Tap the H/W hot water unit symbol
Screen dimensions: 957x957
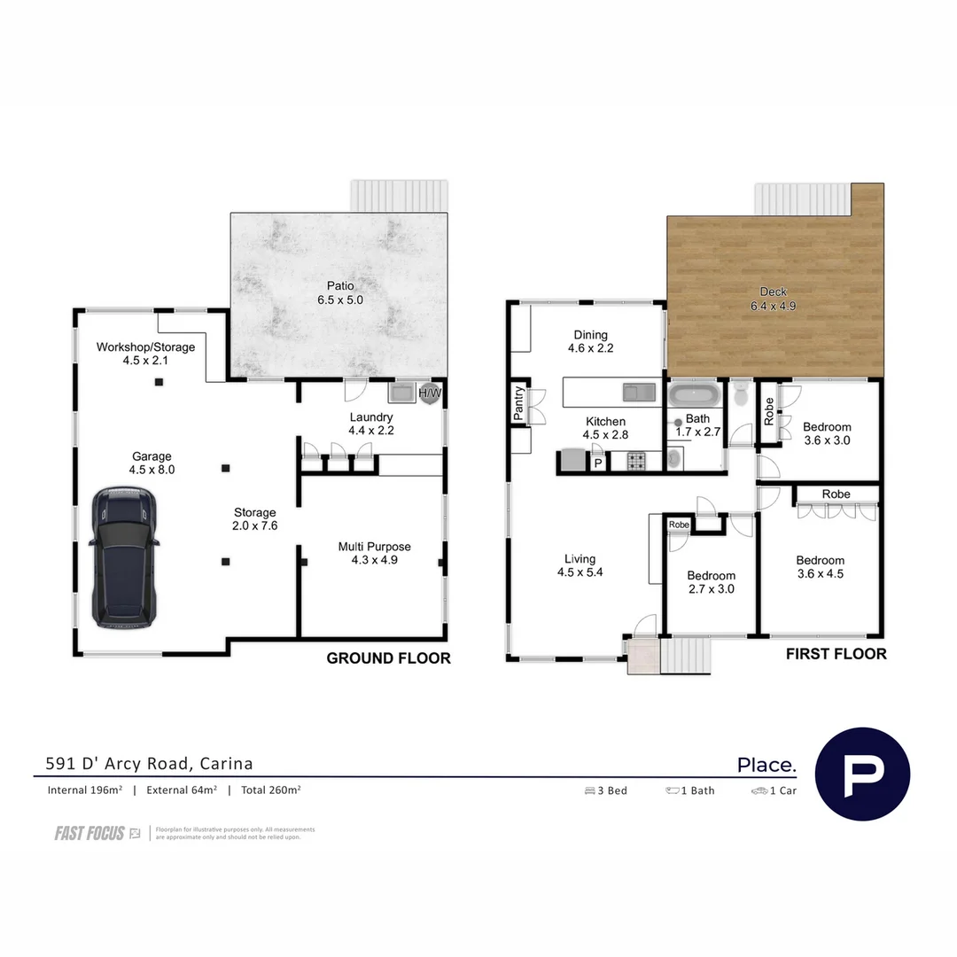click(x=430, y=393)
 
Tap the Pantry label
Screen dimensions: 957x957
click(x=519, y=404)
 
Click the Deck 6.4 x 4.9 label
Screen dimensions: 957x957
click(x=773, y=300)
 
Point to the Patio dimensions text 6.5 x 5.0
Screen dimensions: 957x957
click(x=341, y=300)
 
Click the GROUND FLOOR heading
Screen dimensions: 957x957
click(x=388, y=658)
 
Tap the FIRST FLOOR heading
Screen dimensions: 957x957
click(x=836, y=654)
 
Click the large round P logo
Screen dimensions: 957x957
click(x=861, y=774)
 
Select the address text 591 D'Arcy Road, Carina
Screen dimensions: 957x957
click(x=150, y=763)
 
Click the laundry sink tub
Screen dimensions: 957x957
click(x=401, y=392)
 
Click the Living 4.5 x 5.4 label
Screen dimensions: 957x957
click(x=580, y=565)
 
